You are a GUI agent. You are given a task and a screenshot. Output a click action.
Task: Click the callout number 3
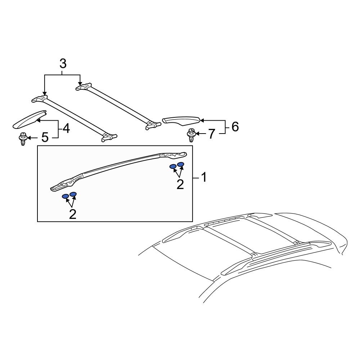point(63,64)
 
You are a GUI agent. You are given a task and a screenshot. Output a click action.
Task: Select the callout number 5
point(45,137)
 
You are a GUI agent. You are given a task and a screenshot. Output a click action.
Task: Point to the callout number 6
point(235,127)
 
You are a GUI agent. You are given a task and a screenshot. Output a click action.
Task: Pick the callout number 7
point(211,134)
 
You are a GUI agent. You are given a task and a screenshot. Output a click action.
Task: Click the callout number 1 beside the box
point(203,177)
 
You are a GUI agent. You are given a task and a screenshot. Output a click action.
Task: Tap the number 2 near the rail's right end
point(180,184)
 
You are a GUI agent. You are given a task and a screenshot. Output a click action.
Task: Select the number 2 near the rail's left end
point(72,214)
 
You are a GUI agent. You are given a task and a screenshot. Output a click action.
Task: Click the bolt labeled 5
point(23,139)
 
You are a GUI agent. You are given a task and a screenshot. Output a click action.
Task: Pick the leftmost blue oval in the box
point(66,197)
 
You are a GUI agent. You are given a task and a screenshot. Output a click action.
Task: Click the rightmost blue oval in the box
point(181,165)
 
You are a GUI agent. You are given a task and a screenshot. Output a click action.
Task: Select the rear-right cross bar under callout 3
point(119,104)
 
